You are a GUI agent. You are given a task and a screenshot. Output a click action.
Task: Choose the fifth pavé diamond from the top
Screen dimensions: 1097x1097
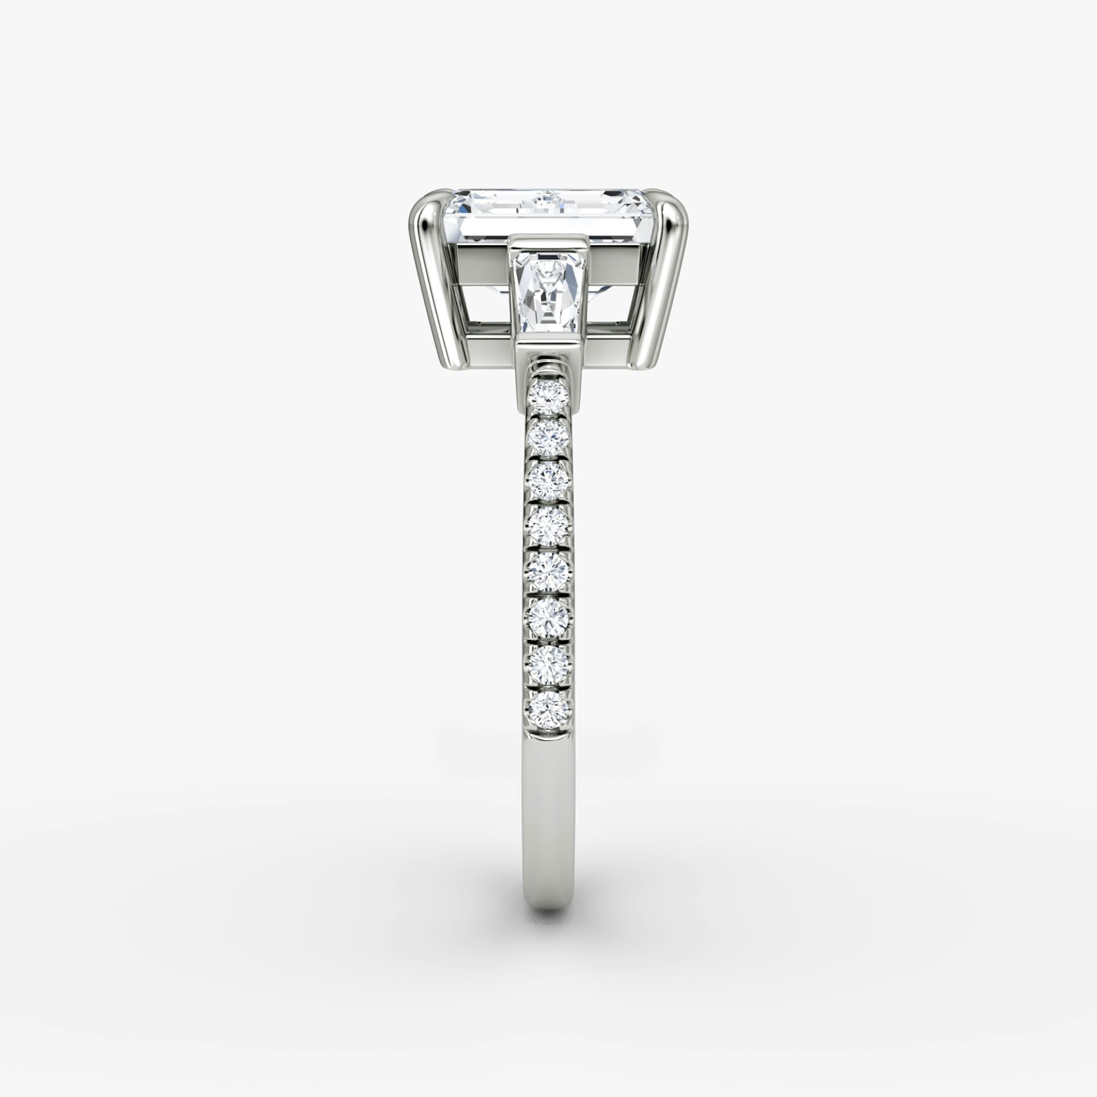(x=547, y=570)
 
